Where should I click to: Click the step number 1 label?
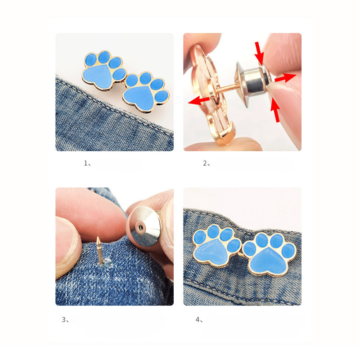pos(87,163)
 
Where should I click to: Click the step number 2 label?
pos(207,163)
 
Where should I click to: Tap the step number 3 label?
pos(65,319)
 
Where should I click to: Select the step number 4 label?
pos(199,319)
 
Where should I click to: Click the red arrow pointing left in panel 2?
pos(199,100)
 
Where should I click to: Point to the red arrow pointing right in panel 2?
pos(285,77)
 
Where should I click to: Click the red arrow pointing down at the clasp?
pos(260,52)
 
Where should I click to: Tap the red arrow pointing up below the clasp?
pos(275,110)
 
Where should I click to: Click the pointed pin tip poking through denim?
pos(98,239)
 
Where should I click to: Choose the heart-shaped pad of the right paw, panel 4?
pos(269,261)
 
